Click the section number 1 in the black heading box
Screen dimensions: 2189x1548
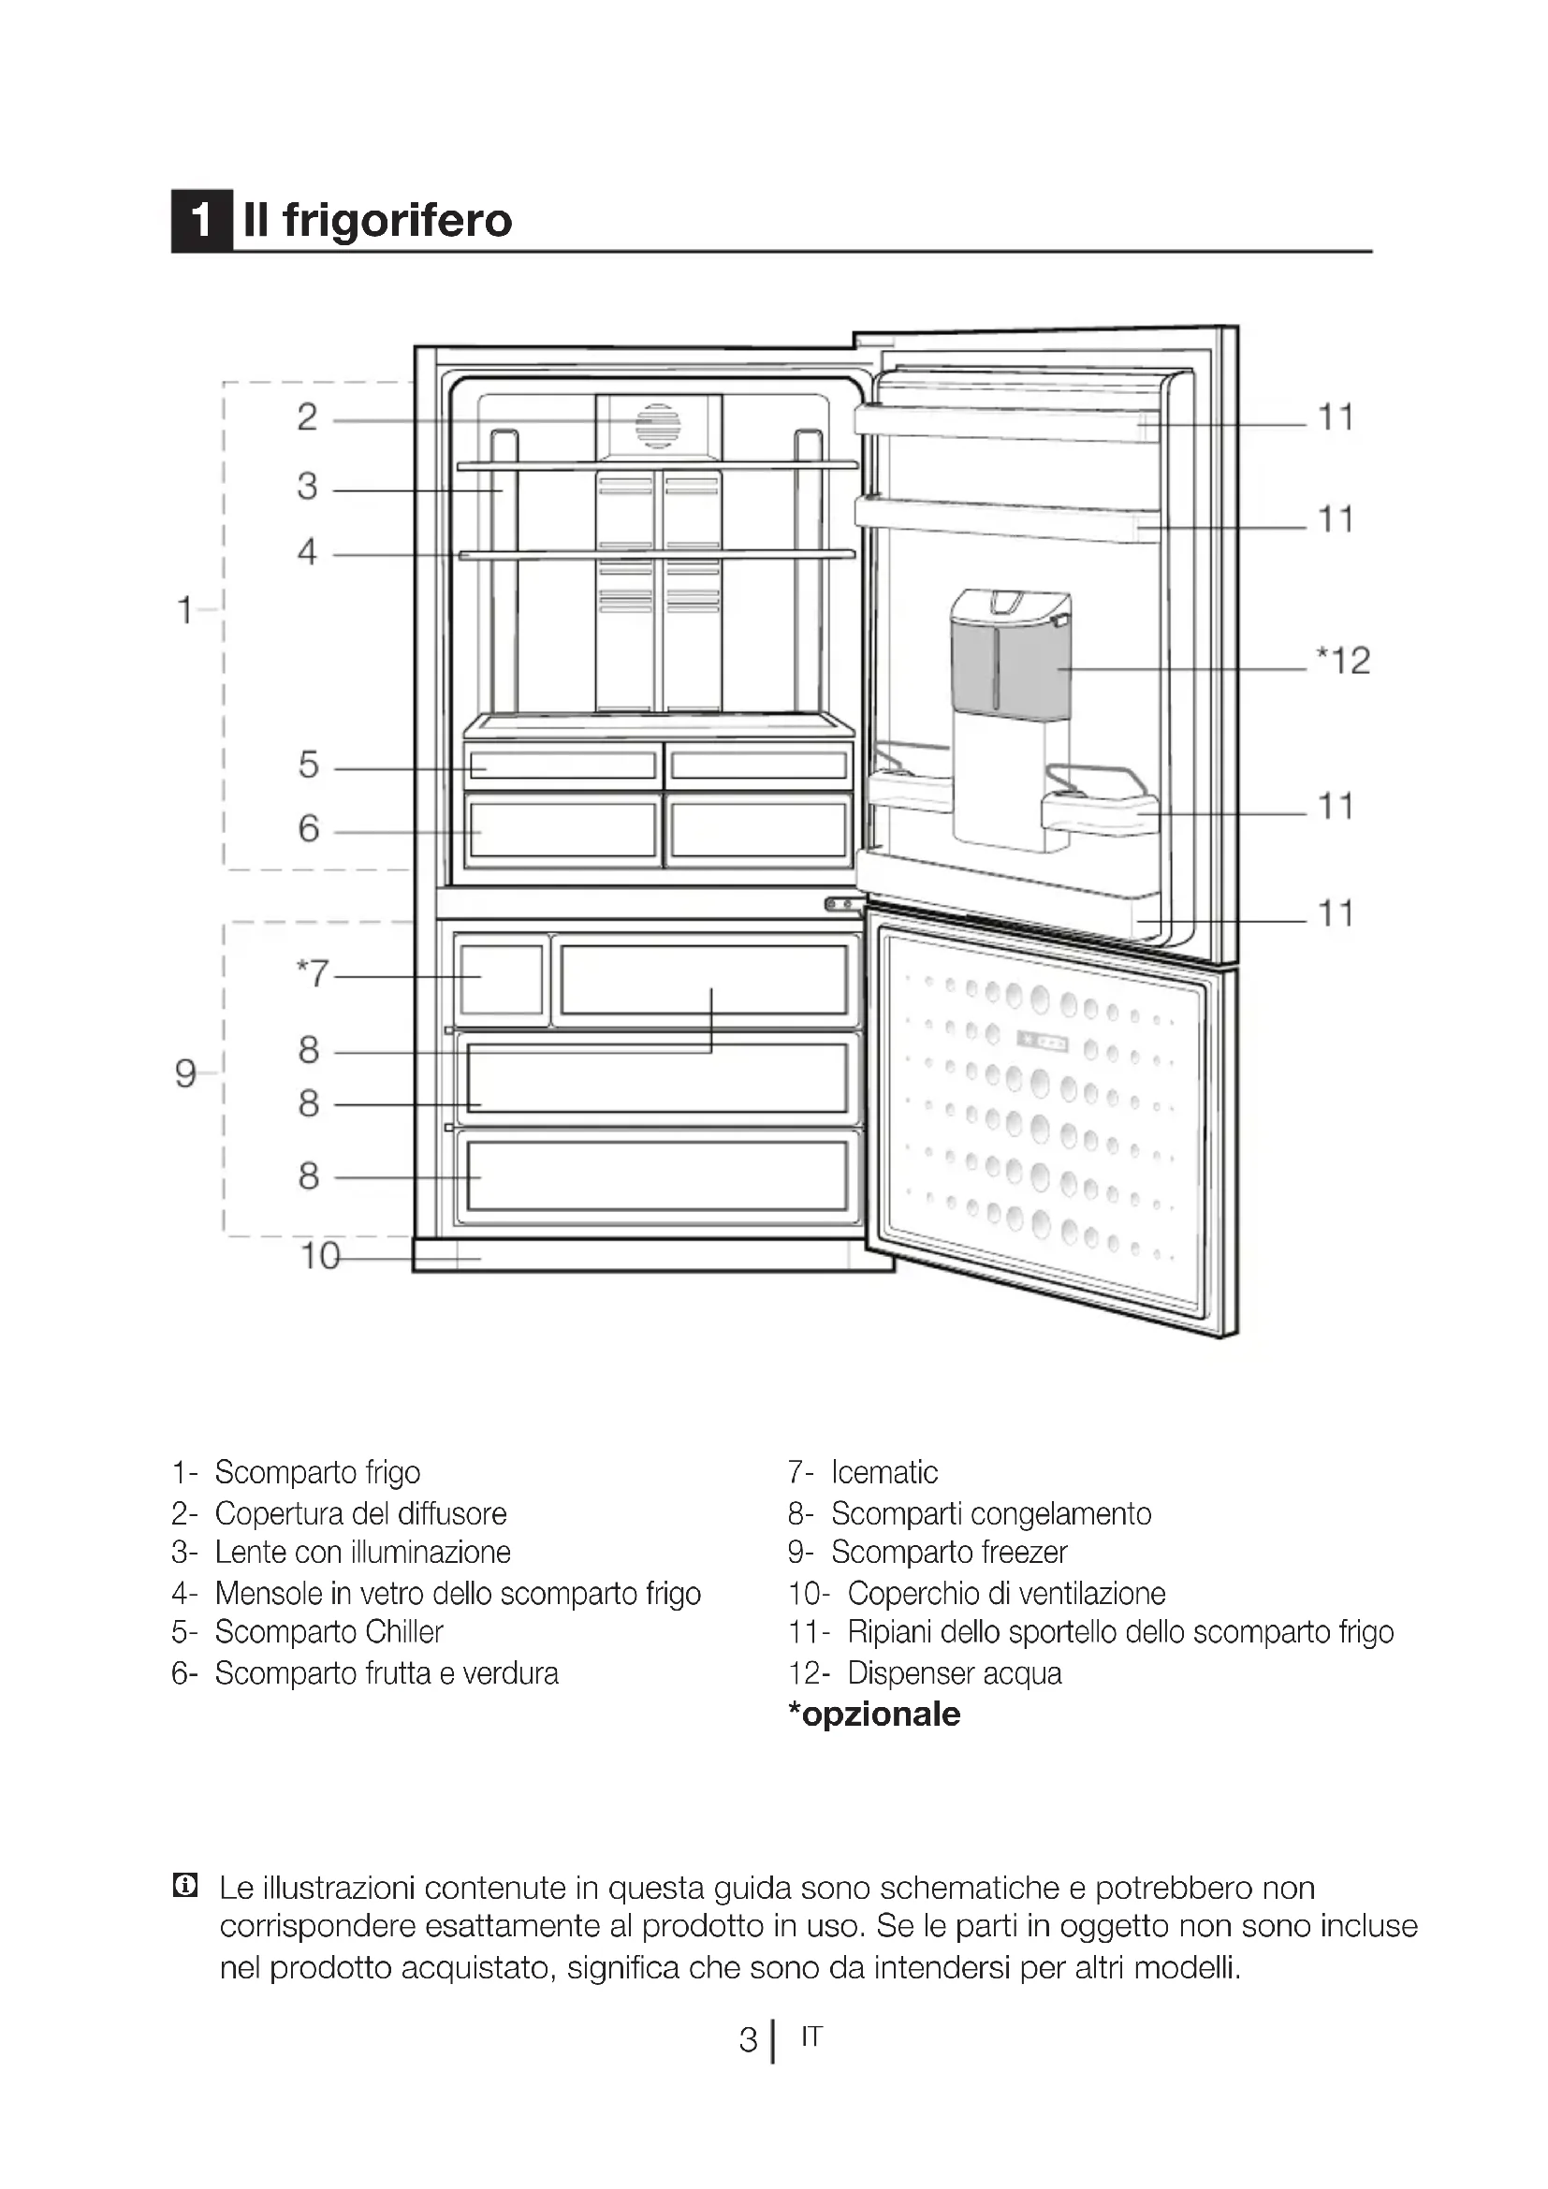[201, 221]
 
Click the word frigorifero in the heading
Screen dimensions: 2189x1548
[397, 221]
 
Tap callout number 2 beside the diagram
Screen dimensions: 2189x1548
[307, 417]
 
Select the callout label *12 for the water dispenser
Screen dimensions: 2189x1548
[1343, 661]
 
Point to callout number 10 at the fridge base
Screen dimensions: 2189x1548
[320, 1257]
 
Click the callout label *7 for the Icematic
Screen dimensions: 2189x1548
[313, 973]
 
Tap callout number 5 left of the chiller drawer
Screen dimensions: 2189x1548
[308, 765]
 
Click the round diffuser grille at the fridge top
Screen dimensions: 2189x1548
[658, 425]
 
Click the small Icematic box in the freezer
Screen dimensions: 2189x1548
[501, 980]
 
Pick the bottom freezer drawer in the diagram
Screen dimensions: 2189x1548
[657, 1176]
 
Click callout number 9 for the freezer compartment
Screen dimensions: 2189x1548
[186, 1074]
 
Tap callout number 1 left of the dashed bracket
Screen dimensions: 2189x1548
[185, 610]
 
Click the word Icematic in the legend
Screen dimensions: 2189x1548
[884, 1473]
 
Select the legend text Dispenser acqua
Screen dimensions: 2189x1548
[953, 1673]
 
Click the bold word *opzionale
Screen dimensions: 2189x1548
[874, 1715]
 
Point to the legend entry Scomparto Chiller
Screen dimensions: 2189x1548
[329, 1632]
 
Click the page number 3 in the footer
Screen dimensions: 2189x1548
[749, 2039]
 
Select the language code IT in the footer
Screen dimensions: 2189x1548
[811, 2036]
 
